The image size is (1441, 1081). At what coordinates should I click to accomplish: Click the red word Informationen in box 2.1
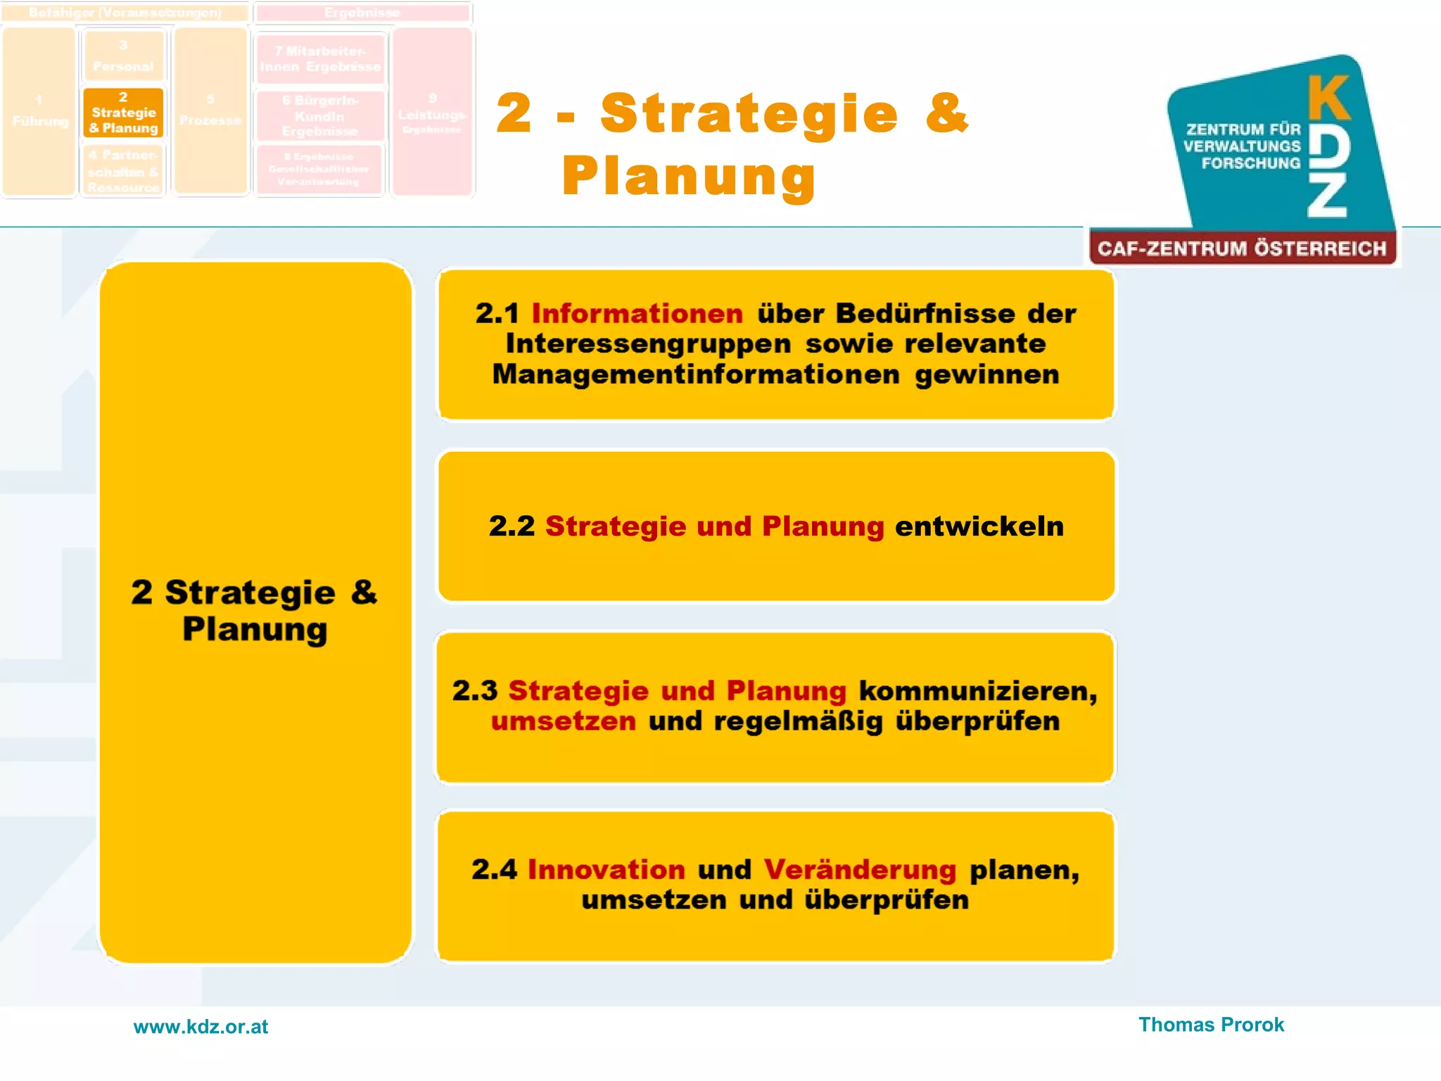click(x=637, y=314)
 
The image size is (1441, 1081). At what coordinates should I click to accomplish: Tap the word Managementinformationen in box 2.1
click(x=696, y=374)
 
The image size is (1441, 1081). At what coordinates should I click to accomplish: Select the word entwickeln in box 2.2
click(x=979, y=526)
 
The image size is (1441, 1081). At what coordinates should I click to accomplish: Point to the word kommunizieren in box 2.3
click(x=978, y=691)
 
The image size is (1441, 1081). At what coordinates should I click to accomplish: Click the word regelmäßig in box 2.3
click(x=798, y=722)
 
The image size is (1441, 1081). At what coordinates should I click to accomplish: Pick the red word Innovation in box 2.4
click(x=606, y=870)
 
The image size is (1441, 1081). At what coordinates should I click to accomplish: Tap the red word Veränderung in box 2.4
click(x=860, y=870)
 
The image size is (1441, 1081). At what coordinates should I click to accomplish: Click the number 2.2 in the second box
click(x=512, y=526)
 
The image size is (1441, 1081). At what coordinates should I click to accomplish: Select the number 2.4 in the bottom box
click(x=494, y=870)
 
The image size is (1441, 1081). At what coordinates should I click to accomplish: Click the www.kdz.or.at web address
click(x=201, y=1027)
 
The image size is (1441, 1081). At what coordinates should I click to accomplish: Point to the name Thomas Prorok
click(x=1211, y=1025)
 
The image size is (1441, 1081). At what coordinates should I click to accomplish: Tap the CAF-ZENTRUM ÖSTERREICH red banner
click(x=1242, y=248)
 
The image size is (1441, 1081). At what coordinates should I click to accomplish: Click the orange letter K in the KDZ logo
click(x=1328, y=99)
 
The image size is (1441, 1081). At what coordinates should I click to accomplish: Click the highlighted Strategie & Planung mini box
click(x=123, y=113)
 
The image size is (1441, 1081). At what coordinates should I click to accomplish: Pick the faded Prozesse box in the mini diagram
click(x=210, y=113)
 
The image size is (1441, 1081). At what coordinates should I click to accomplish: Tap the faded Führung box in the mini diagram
click(x=40, y=113)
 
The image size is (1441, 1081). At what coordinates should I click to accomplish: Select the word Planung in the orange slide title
click(x=689, y=176)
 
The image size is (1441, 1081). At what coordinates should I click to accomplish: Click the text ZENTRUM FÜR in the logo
click(x=1243, y=129)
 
